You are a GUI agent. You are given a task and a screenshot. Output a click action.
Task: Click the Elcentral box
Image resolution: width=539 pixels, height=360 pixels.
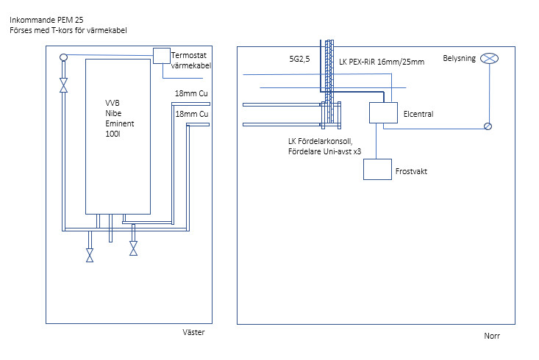[x=383, y=112]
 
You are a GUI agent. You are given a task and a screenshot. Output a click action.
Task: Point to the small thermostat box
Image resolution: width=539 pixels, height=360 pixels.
[x=161, y=55]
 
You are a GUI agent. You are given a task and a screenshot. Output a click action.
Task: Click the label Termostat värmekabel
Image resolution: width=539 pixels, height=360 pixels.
[x=190, y=60]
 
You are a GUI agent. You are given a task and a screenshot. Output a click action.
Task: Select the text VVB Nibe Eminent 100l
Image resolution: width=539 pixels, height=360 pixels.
[x=118, y=118]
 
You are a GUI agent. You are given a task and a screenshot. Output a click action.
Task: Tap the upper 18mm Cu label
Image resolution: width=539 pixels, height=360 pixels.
[x=191, y=94]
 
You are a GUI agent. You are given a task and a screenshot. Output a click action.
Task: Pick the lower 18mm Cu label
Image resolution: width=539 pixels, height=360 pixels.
[x=191, y=115]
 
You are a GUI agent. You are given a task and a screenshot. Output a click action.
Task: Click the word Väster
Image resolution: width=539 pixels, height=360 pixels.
[x=193, y=332]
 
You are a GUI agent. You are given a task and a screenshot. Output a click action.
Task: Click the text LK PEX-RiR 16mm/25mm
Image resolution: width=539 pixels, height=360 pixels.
[x=382, y=62]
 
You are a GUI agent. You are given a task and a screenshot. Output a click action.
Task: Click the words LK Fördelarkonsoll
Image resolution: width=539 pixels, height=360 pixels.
[x=319, y=140]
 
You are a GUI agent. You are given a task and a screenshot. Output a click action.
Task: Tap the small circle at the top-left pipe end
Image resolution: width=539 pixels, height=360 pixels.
[x=63, y=57]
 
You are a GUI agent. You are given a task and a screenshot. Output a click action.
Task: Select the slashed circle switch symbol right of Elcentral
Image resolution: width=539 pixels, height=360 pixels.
[x=488, y=126]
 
